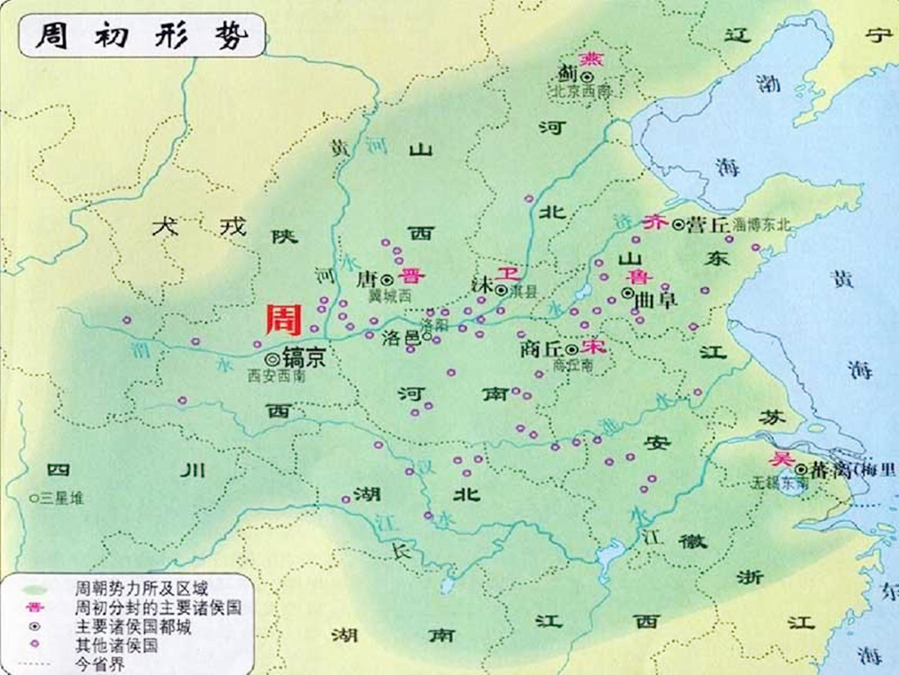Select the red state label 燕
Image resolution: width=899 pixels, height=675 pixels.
588,59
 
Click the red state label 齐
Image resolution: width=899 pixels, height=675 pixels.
654,223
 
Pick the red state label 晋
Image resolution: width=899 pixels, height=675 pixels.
405,277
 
